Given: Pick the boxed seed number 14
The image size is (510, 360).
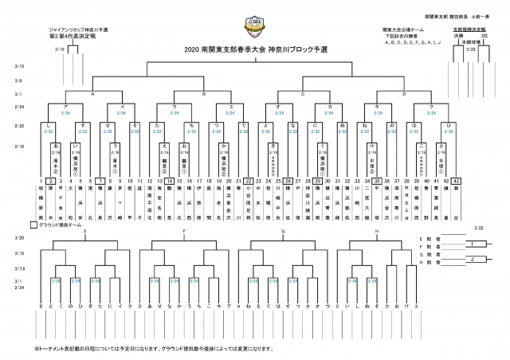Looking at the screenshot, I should [x=171, y=182].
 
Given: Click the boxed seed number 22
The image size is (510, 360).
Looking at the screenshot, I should [x=250, y=182].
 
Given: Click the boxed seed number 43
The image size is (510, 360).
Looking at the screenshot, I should [x=455, y=182].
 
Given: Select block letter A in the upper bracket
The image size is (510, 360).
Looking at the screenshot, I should [x=93, y=93].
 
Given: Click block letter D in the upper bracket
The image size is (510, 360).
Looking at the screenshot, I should [x=405, y=93].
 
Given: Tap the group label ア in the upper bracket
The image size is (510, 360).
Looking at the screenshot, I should [x=65, y=105].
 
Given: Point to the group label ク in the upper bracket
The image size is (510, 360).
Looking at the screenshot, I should [x=431, y=105].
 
